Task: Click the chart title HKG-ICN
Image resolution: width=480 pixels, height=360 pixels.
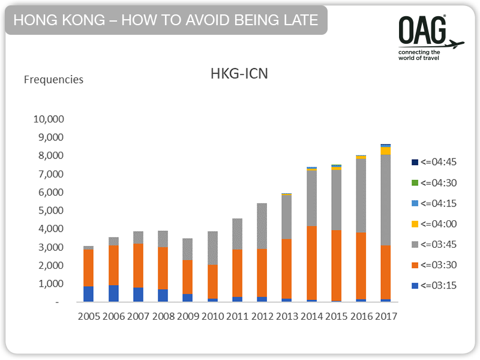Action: point(239,74)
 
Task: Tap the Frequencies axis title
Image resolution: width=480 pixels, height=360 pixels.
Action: point(53,79)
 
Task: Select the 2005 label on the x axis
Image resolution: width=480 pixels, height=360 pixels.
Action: point(88,316)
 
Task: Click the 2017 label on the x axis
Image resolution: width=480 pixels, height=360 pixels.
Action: point(385,316)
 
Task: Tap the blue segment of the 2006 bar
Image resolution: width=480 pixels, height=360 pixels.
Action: point(113,293)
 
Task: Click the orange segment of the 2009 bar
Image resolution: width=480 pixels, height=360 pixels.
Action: point(188,277)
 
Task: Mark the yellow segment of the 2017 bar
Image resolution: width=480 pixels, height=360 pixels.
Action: point(385,151)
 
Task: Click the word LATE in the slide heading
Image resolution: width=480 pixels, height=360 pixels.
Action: point(299,20)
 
